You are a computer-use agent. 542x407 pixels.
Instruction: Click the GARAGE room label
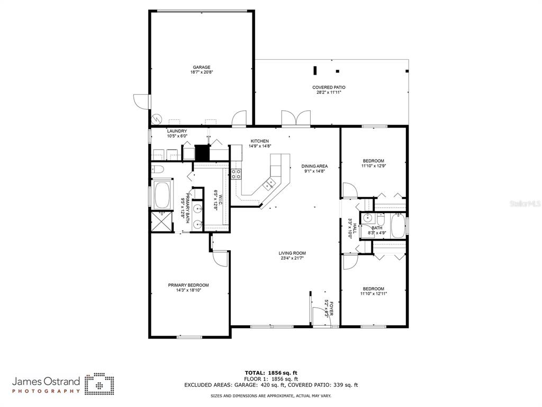point(202,67)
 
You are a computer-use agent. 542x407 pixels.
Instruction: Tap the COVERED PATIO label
point(329,87)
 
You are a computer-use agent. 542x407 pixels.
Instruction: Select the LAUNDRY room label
point(177,131)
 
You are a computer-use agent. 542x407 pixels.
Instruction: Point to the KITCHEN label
point(259,141)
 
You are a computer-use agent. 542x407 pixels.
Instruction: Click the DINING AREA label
point(314,166)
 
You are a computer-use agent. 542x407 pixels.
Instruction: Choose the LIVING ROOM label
point(292,253)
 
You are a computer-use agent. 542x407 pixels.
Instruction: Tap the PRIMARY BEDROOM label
point(188,285)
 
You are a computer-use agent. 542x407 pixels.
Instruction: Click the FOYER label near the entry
point(331,308)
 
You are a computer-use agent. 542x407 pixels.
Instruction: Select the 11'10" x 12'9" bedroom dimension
point(373,166)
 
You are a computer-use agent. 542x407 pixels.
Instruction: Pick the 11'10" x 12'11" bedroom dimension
point(373,294)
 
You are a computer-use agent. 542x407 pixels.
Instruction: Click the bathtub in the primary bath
point(162,195)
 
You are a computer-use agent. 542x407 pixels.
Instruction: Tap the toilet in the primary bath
point(158,169)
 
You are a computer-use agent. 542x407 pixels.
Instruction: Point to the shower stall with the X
point(162,222)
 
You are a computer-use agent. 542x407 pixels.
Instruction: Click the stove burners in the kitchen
point(237,174)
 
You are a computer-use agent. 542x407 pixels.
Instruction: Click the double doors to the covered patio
point(296,118)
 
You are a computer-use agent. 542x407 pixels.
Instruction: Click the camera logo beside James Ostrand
point(100,384)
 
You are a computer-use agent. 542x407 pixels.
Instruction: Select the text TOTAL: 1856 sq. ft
point(271,373)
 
